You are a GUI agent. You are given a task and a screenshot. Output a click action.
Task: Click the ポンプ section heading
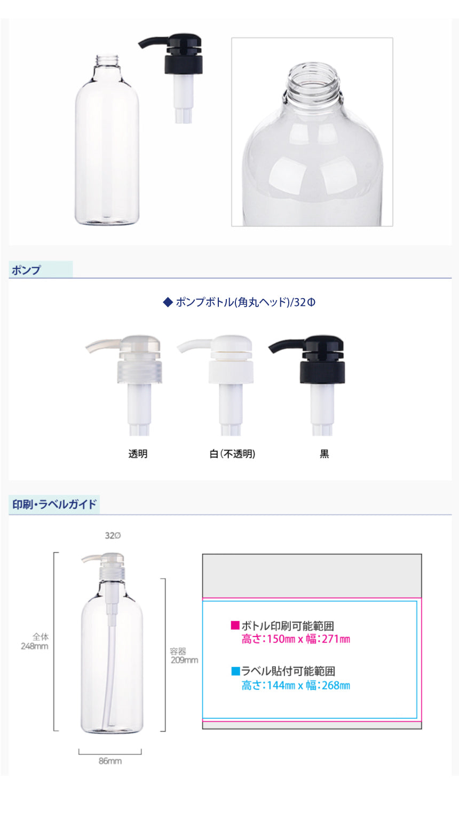[x=26, y=270]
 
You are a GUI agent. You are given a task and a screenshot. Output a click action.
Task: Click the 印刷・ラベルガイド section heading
[x=54, y=504]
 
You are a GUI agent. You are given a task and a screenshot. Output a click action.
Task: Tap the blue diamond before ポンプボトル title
[x=168, y=302]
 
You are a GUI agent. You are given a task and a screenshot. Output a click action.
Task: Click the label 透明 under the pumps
[x=138, y=454]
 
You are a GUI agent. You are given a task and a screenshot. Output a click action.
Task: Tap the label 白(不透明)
[x=233, y=454]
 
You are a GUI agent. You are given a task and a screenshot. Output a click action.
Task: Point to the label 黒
[x=325, y=454]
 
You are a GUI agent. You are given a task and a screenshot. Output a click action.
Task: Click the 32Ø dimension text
[x=113, y=535]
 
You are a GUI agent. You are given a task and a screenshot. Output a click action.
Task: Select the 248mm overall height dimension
[x=35, y=646]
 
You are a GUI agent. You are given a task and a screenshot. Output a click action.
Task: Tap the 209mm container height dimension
[x=184, y=660]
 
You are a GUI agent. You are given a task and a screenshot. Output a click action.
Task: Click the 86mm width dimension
[x=110, y=761]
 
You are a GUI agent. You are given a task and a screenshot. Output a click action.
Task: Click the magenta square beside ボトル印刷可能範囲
[x=235, y=625]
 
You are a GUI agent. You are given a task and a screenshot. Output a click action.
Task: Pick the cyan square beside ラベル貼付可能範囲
[x=235, y=671]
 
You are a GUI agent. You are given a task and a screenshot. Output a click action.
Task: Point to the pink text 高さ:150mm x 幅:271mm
[x=296, y=639]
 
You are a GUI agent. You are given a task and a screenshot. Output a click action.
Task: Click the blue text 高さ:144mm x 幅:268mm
[x=296, y=685]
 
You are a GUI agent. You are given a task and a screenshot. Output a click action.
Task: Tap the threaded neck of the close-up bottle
[x=314, y=81]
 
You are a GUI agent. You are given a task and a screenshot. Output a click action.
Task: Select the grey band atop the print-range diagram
[x=312, y=576]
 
